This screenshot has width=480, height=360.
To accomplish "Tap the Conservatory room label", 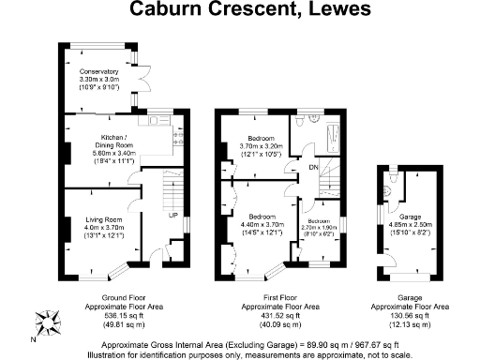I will coord(98,72).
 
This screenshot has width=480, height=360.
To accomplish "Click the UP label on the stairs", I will coord(172,215).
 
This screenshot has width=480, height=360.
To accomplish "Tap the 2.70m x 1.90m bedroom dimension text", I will coord(318,227).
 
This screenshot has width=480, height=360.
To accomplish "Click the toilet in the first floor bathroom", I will coord(297,123).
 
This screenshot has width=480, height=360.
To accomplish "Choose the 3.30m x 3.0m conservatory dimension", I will coord(98,81).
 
